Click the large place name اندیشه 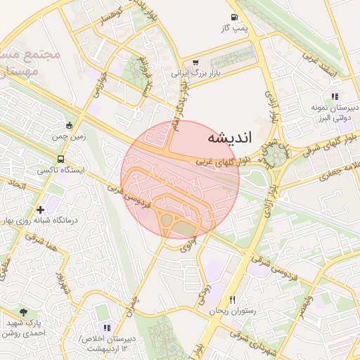229,138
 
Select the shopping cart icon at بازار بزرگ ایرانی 195,62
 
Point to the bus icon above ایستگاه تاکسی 61,160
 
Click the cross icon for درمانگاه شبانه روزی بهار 41,209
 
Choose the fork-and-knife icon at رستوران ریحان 232,299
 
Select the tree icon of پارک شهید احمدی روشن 25,312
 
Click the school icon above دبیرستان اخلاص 107,327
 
